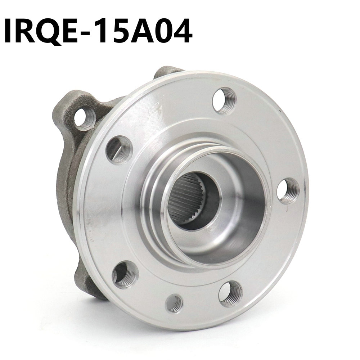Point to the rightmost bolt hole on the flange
[x=289, y=190]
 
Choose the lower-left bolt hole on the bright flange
[x=126, y=275]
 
